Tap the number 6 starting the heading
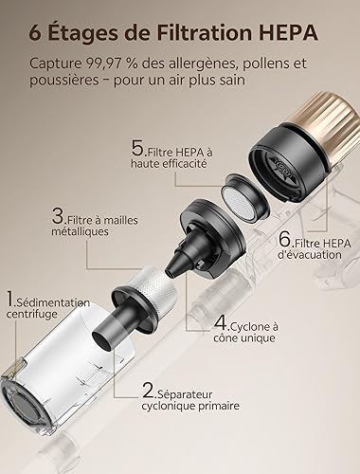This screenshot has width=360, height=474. click(35, 33)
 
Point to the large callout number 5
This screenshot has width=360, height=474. click(137, 149)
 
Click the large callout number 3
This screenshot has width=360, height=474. click(58, 216)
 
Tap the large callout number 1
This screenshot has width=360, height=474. click(10, 299)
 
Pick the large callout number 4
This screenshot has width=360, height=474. click(221, 323)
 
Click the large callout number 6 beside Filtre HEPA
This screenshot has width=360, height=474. click(284, 239)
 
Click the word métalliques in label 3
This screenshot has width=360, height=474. click(80, 231)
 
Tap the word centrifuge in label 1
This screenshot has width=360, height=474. click(31, 315)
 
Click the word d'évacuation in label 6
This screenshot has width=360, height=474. click(310, 255)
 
